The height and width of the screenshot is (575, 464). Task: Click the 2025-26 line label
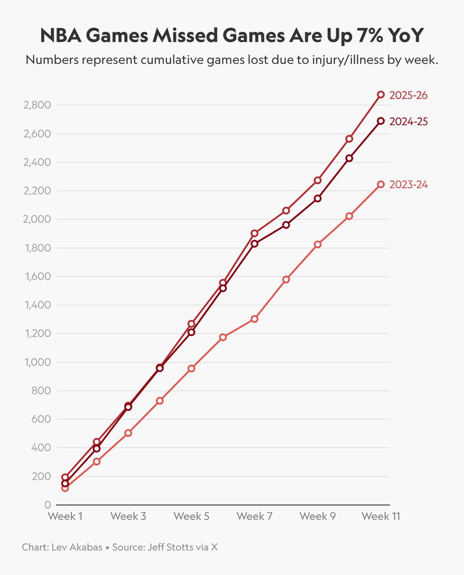pos(408,95)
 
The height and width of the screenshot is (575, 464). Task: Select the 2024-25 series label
pos(408,122)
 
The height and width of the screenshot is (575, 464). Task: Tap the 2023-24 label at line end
pos(408,184)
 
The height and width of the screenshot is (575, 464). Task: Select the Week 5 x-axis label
pos(191,517)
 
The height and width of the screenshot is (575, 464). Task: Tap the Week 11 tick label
pos(381,517)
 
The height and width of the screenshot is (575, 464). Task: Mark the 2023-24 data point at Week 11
pos(381,184)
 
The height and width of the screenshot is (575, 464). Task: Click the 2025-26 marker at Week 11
pos(381,95)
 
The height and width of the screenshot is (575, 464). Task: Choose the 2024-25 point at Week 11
pos(381,121)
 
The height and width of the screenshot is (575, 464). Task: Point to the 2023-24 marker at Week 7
pos(255,319)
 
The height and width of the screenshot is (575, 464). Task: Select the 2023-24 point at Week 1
pos(65,488)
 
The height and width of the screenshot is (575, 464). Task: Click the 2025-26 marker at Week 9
pos(317,180)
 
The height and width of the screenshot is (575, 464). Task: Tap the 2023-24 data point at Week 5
pos(191,368)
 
